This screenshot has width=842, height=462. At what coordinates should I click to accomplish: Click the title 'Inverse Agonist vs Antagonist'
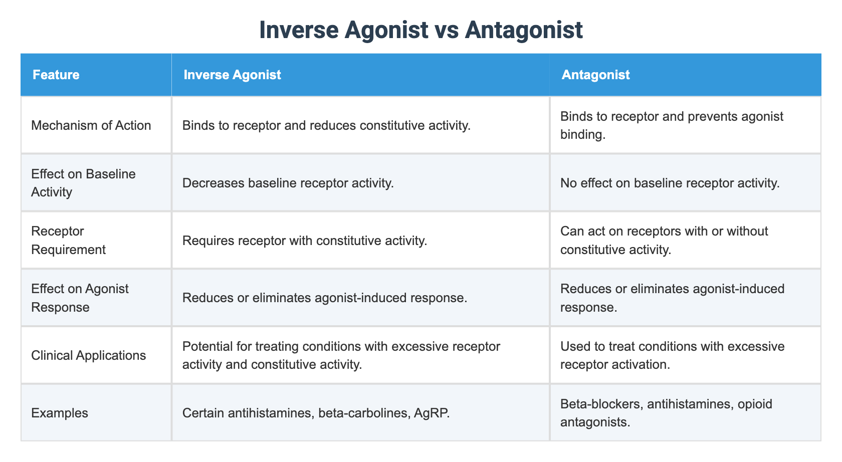pos(421,30)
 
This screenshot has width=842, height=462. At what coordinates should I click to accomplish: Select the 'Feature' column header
pos(56,75)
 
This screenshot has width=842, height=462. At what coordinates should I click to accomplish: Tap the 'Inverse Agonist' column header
pos(232,75)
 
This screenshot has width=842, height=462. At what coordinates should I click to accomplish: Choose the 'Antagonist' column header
pos(595,75)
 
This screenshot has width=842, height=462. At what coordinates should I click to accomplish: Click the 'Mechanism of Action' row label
pos(91,125)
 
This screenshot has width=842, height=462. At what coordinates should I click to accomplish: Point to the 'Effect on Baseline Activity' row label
pos(83,183)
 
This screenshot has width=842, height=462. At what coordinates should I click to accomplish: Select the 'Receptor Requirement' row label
pos(68,241)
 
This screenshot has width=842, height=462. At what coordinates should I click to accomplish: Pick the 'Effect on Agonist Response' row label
pos(80,298)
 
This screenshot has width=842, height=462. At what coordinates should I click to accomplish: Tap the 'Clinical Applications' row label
pos(88,356)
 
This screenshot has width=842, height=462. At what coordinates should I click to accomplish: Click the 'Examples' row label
pos(59,413)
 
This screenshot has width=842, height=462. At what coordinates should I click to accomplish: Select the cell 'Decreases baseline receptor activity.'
pos(288,183)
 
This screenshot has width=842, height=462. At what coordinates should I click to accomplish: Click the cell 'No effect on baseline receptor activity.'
pos(670,183)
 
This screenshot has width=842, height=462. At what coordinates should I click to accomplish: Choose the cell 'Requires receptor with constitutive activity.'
pos(305,241)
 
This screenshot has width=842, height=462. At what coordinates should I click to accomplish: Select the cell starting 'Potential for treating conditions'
pos(341,356)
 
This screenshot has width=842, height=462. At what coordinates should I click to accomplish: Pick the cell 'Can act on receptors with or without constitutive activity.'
pos(664,241)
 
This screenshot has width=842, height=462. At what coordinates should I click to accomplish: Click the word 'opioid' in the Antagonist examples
pos(754,404)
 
